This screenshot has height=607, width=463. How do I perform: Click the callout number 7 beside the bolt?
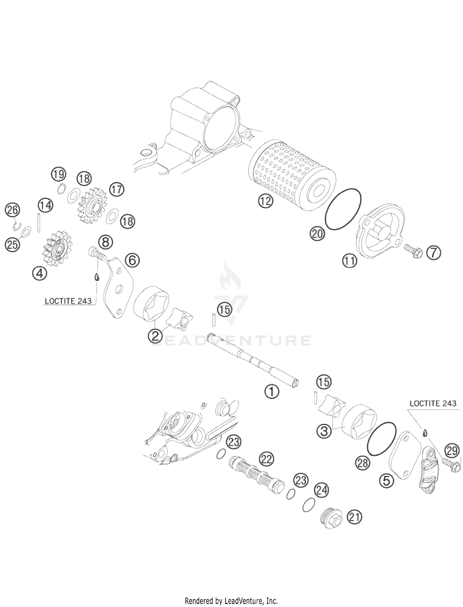click(434, 253)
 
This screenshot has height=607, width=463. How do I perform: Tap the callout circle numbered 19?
click(58, 174)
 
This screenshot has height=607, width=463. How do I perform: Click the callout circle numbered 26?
click(13, 210)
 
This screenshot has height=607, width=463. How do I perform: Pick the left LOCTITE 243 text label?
click(68, 301)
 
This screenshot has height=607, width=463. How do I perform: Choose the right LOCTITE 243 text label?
click(433, 403)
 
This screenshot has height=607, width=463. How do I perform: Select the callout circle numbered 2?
click(155, 335)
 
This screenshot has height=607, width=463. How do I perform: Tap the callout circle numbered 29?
click(452, 451)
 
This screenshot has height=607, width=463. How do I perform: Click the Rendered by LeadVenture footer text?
click(231, 601)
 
